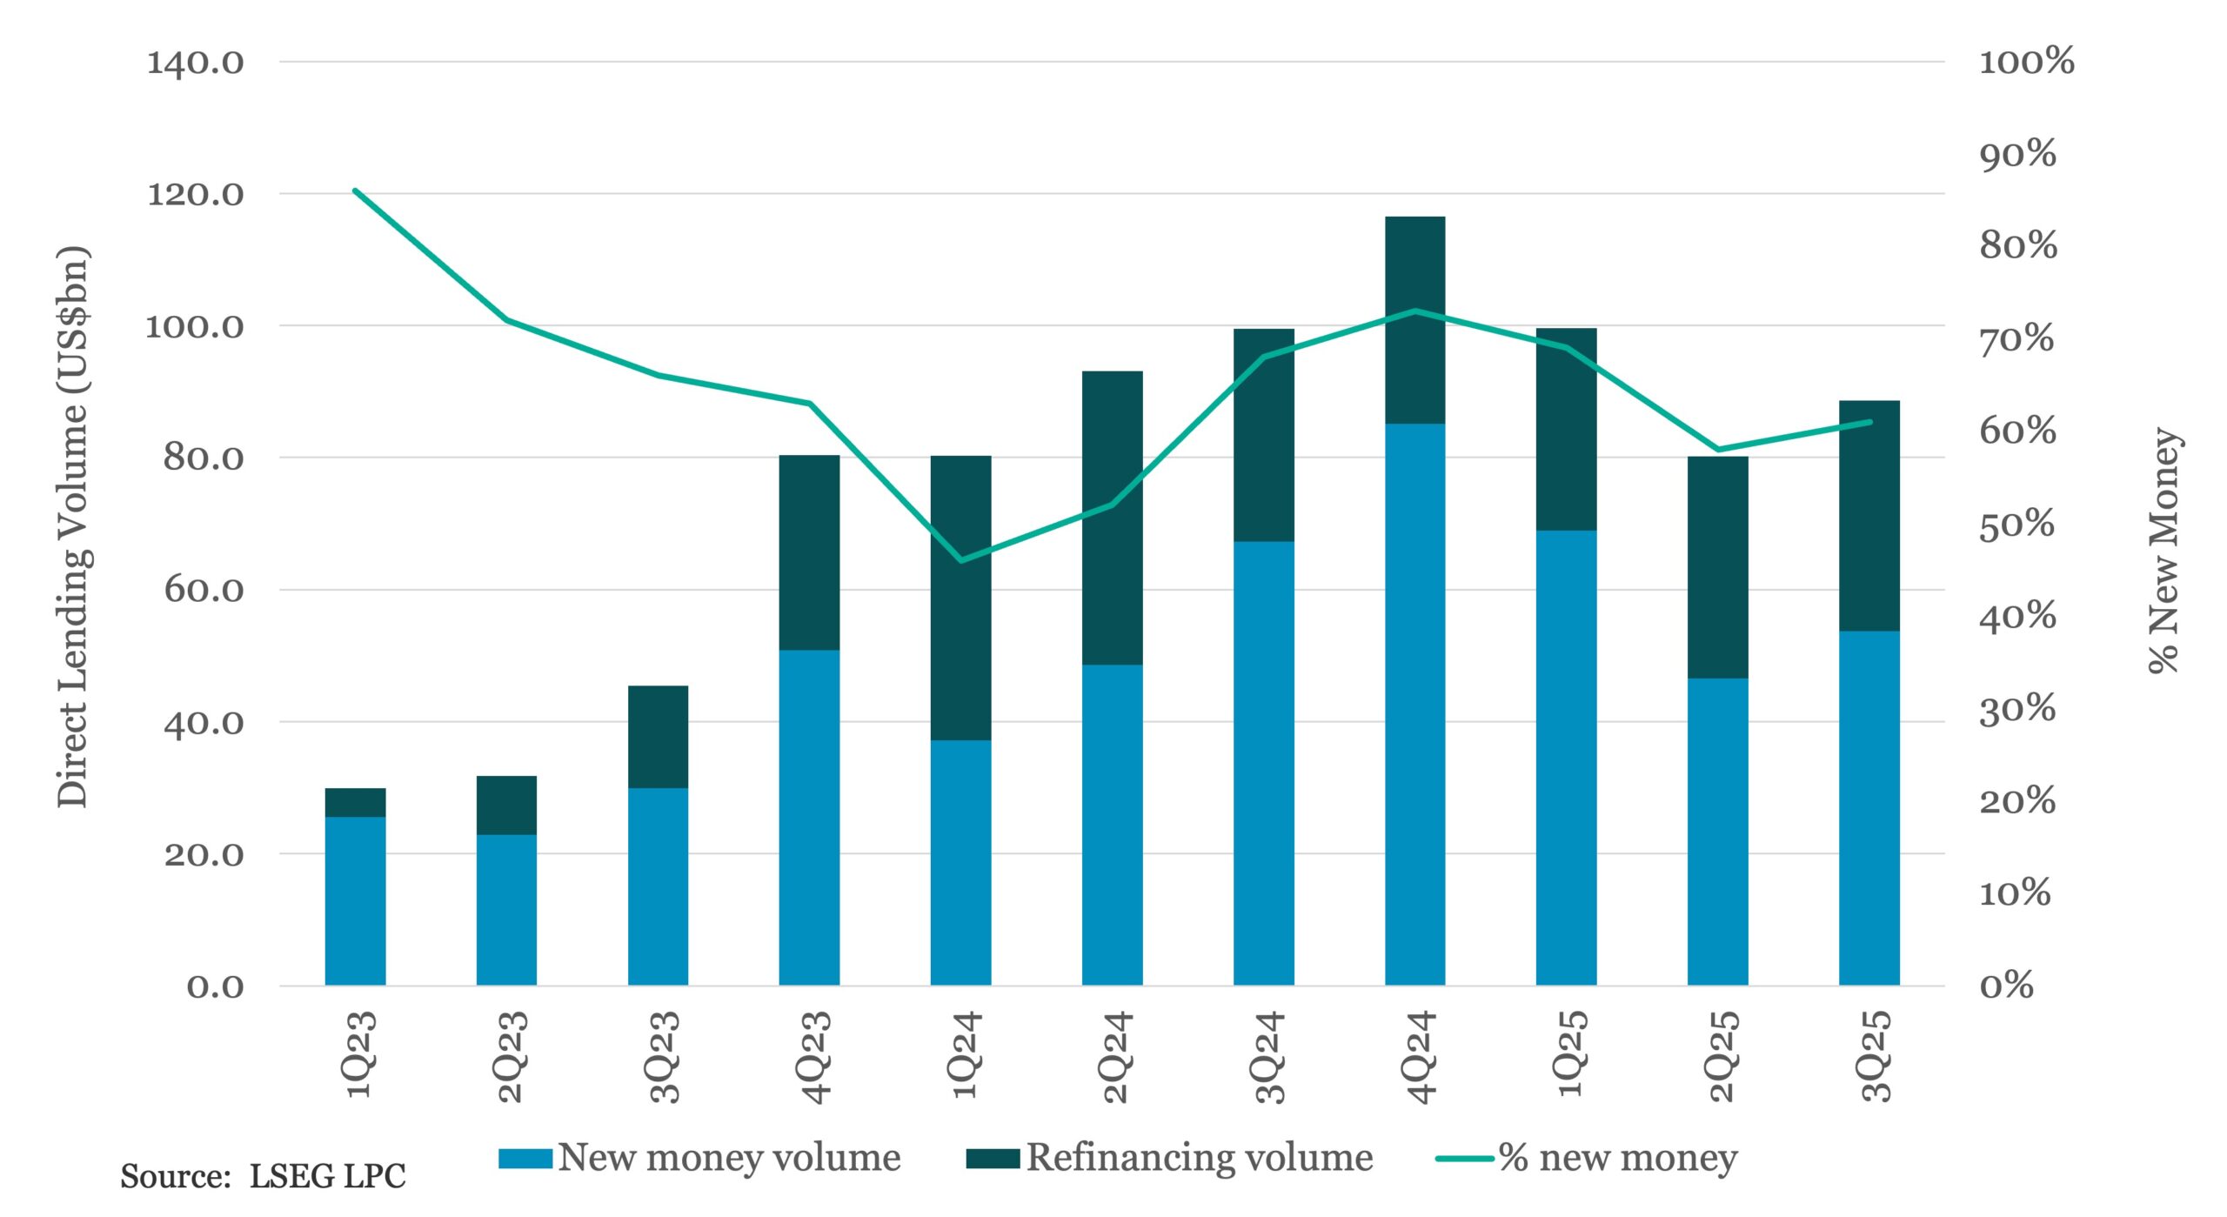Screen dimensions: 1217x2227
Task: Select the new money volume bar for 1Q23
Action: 355,900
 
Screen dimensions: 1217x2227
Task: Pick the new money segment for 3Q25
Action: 1869,807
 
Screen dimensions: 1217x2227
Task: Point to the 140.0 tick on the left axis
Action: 195,63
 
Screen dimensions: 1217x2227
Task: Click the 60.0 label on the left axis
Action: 204,590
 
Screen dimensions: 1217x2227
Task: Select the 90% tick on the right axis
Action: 2017,155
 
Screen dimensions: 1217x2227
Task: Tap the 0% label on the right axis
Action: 2006,986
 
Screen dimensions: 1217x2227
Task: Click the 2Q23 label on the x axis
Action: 509,1056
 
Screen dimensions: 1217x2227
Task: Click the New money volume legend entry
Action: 699,1158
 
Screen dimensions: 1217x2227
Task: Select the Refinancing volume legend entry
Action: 1169,1158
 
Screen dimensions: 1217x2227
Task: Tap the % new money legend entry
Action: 1587,1158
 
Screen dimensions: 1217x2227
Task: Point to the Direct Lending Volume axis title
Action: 73,527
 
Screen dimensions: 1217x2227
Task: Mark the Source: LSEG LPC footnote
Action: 263,1176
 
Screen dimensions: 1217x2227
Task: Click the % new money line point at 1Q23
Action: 355,191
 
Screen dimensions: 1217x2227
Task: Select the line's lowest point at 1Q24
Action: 960,560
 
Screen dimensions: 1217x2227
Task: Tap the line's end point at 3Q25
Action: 1869,422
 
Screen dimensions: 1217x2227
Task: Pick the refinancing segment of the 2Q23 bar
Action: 506,805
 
